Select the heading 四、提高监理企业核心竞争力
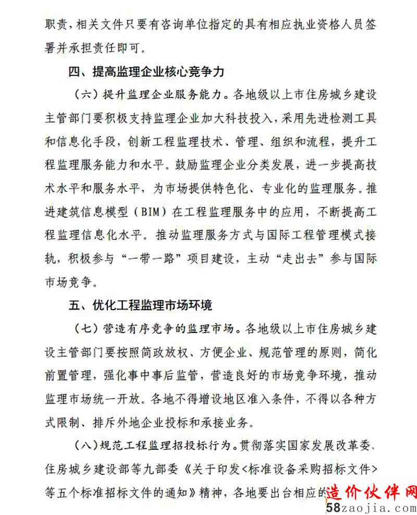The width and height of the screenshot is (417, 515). point(146,71)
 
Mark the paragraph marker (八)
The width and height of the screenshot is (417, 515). point(84,445)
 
